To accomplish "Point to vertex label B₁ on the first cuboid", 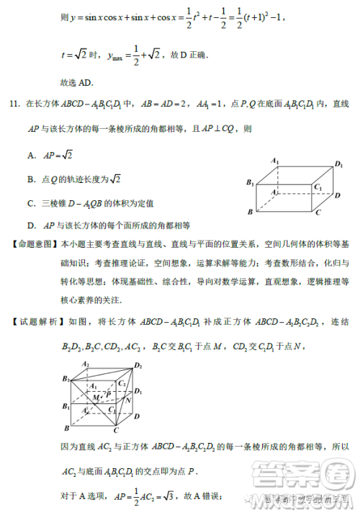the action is [x=251, y=184].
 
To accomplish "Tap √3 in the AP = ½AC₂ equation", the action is [x=151, y=496].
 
